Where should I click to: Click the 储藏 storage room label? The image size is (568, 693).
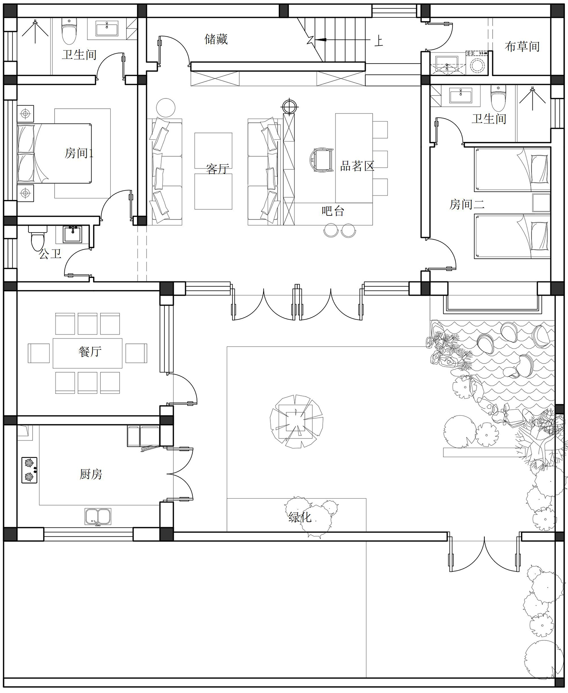[216, 39]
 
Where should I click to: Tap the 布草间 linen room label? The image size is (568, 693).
[522, 47]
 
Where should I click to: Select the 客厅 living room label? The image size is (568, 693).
[218, 169]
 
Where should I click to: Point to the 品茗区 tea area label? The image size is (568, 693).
[357, 166]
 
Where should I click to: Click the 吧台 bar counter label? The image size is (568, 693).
[333, 211]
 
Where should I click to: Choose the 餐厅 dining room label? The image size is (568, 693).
[90, 351]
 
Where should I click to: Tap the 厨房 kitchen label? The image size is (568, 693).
[91, 474]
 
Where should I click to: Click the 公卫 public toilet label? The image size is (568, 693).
[50, 254]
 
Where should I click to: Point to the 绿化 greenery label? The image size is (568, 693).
[300, 517]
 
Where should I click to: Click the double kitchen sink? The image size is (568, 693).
[98, 517]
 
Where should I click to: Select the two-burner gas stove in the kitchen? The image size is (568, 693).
[30, 470]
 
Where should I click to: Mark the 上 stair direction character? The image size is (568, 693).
[379, 40]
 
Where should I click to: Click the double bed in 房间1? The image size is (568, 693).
[54, 153]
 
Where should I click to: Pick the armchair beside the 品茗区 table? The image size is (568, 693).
[321, 159]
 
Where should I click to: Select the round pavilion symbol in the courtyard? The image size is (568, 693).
[296, 421]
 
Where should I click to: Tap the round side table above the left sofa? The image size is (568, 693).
[165, 108]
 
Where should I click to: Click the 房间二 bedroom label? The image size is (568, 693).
[467, 204]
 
